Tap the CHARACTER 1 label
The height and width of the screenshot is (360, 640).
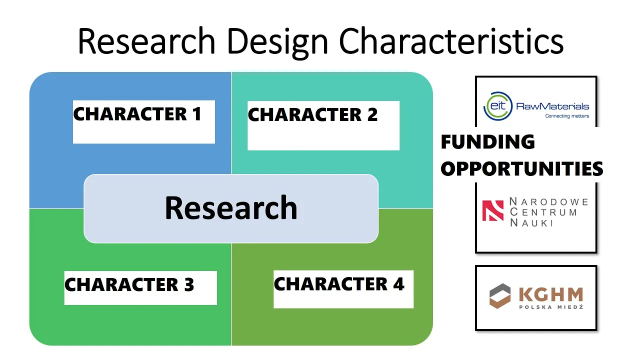tap(137, 114)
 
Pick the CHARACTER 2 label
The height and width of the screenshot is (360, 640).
tap(313, 114)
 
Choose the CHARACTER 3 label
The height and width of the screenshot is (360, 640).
tap(129, 284)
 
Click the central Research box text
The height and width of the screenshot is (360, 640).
tap(231, 207)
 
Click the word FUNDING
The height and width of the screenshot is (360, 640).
tap(487, 141)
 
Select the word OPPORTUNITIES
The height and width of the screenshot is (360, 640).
tap(522, 168)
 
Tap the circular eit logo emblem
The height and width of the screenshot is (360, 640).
tap(497, 106)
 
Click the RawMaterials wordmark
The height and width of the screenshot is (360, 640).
tap(552, 106)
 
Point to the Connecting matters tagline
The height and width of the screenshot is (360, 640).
tap(567, 115)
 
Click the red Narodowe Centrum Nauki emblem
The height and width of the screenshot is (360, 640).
tap(493, 210)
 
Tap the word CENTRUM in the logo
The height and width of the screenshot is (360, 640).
tap(543, 212)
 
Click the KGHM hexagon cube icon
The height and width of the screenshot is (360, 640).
tap(500, 296)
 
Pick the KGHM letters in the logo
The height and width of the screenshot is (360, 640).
tap(551, 294)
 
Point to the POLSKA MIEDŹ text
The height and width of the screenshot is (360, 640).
tap(551, 307)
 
